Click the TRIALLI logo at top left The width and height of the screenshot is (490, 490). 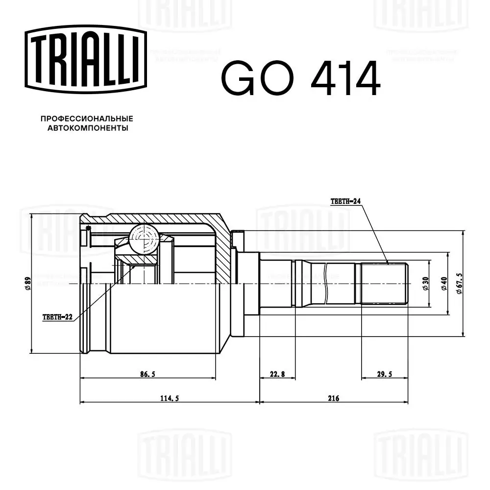point(86,59)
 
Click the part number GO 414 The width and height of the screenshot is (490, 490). point(301,78)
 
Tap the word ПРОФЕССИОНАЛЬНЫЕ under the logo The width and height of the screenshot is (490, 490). point(87,119)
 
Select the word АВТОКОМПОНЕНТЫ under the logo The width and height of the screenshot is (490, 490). point(88,128)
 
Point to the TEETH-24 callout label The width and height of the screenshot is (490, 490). point(345,201)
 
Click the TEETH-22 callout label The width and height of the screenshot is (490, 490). point(57,317)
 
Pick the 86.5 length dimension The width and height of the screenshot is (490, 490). point(147,374)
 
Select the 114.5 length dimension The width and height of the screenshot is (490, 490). point(170,398)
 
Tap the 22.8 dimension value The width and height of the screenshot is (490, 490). point(277,374)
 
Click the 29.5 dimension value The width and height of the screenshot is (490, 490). point(384,374)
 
